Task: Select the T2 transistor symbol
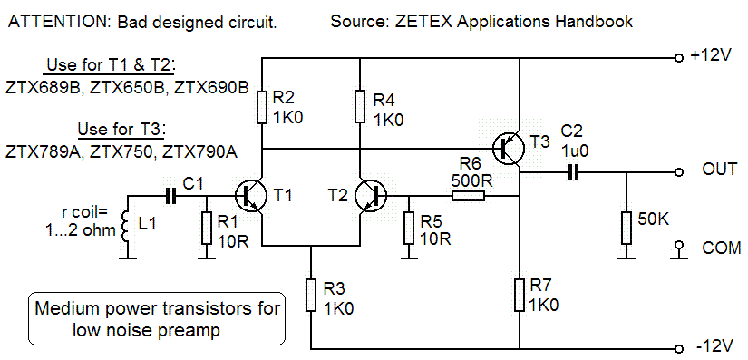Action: pos(370,195)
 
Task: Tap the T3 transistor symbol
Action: pos(509,149)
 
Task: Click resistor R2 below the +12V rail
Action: pos(262,107)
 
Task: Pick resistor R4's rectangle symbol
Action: pos(360,107)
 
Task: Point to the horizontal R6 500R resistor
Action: pos(469,195)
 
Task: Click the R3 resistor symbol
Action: pos(311,296)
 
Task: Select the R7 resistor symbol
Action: pos(520,296)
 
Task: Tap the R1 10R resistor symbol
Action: pos(206,228)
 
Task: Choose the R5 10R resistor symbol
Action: pos(409,228)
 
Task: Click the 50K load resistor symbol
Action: pos(627,228)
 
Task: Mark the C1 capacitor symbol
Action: pos(170,195)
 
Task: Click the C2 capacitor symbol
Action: pos(573,172)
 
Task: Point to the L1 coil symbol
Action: pos(126,228)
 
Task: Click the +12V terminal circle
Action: pos(679,58)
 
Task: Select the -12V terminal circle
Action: pos(679,347)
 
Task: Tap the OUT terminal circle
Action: pos(679,172)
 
